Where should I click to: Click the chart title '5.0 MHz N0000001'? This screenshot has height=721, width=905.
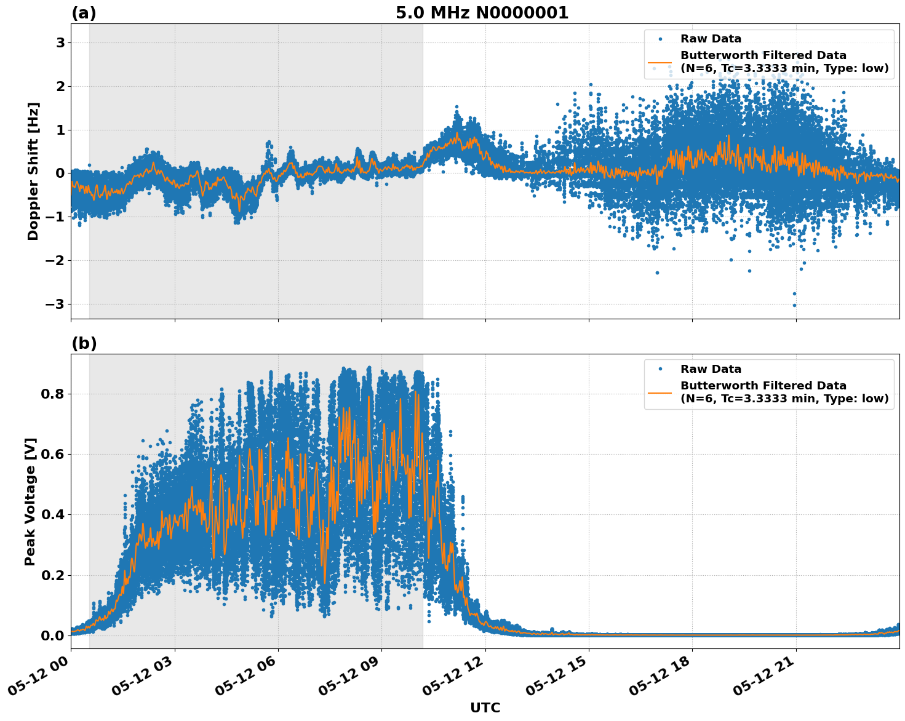482,13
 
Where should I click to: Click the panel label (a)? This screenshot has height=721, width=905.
84,13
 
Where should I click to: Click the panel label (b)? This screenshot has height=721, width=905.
84,343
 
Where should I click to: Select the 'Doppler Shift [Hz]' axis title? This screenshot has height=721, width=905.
33,171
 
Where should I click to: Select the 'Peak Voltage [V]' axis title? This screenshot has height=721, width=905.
31,501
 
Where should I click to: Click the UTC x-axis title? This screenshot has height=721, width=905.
485,707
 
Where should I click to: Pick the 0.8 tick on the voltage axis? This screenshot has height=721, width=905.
53,394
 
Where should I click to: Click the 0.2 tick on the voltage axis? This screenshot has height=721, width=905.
53,575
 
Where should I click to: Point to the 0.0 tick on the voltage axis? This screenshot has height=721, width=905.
53,635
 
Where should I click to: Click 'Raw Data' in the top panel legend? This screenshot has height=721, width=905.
711,39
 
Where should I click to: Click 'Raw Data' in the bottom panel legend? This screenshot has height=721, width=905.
711,369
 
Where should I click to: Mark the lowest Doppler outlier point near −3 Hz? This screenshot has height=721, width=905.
794,305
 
